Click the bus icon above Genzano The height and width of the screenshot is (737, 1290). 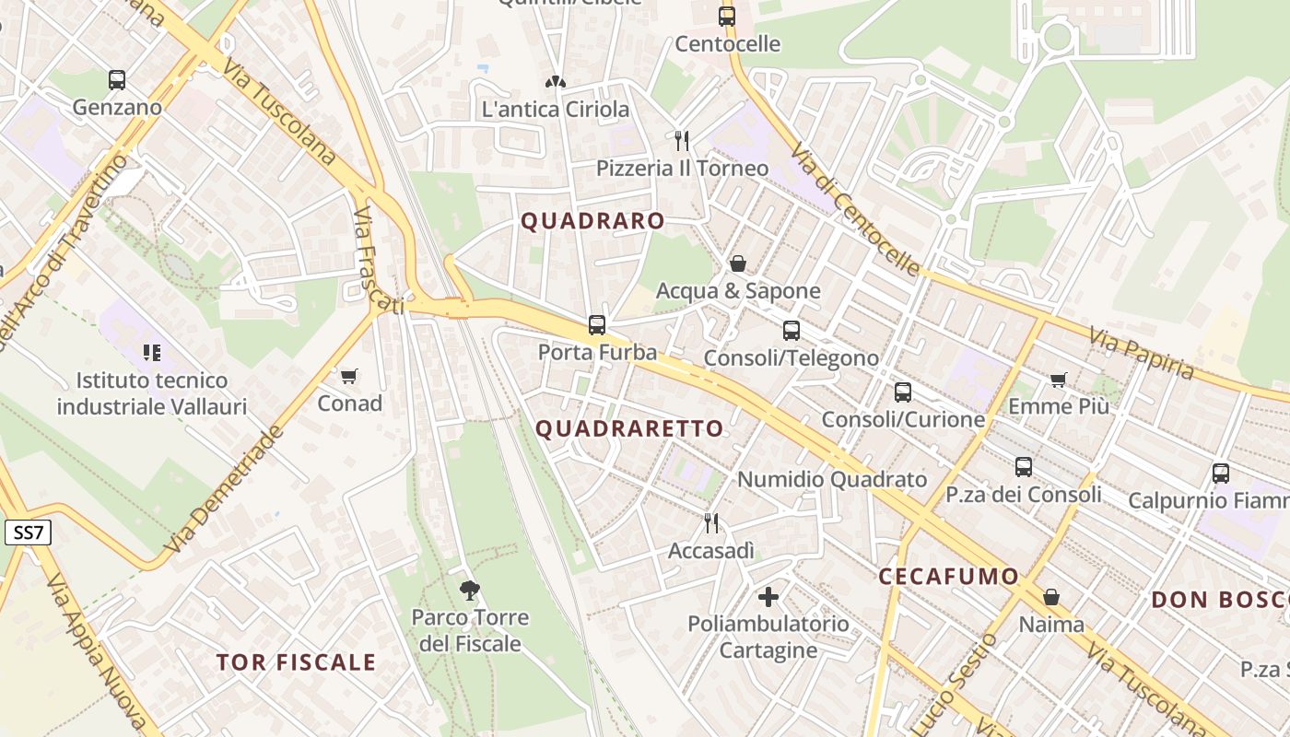coord(116,79)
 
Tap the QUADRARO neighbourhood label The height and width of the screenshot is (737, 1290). coord(592,221)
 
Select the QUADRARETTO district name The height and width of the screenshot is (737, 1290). coord(629,428)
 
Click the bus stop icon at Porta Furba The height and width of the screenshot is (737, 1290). coord(597,324)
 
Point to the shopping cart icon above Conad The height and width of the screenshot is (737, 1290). coord(348,376)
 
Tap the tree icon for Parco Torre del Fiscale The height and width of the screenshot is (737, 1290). coord(470,590)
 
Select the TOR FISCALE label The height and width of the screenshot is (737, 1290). coord(296,661)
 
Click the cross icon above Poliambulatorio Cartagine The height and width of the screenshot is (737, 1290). coord(768,596)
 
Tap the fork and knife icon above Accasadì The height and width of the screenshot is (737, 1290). coord(710,523)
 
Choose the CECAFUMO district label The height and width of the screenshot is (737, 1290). coord(948,577)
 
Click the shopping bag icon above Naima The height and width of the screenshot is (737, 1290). coord(1050,597)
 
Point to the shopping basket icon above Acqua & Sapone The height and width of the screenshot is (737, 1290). coord(737,263)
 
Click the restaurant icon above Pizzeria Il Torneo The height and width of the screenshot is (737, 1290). coord(682,140)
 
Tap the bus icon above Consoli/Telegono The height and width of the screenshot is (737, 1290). coord(791,330)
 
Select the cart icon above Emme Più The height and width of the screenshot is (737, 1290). coord(1058,380)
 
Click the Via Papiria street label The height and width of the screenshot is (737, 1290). coord(1141,353)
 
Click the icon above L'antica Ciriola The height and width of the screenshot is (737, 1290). coord(555,82)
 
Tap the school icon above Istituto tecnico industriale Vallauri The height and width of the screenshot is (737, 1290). coord(152,352)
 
